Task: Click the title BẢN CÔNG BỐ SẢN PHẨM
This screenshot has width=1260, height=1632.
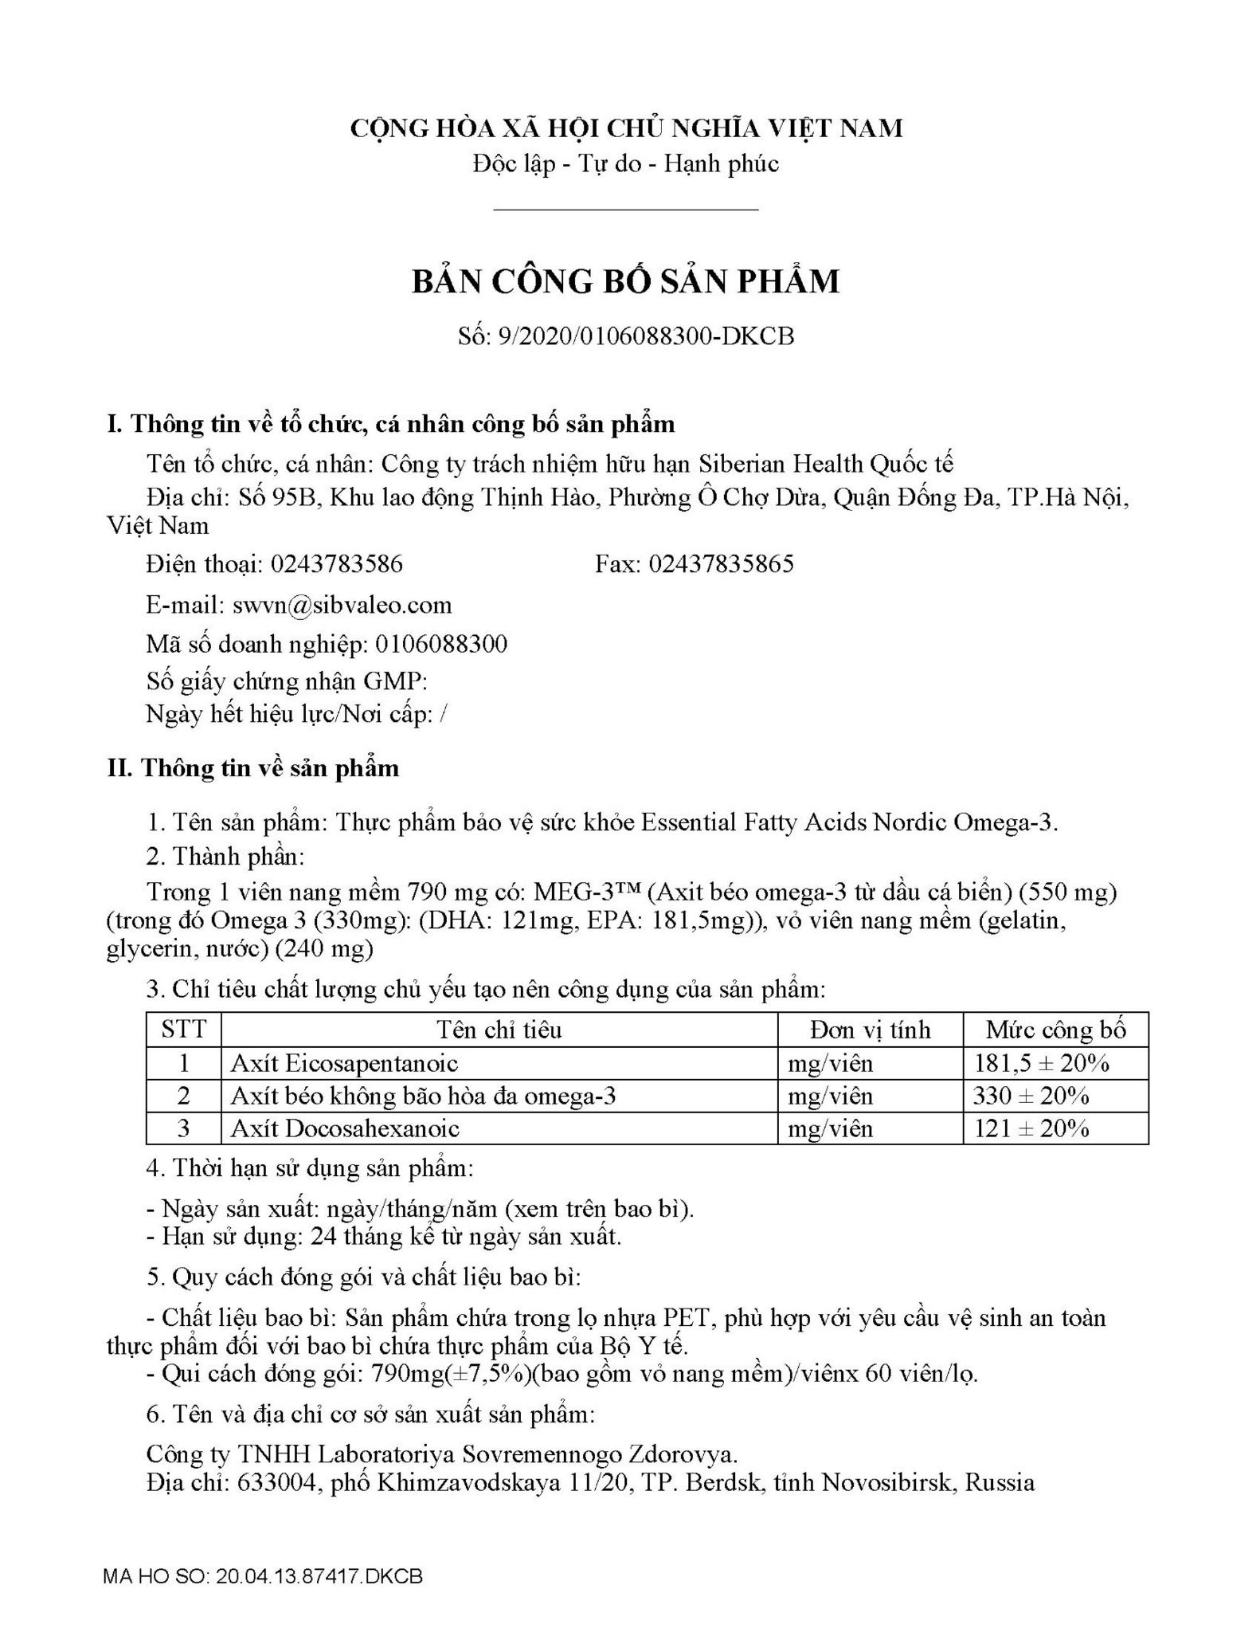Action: click(625, 282)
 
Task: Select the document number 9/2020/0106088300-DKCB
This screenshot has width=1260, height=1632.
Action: click(645, 336)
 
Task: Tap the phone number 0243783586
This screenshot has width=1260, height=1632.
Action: click(336, 564)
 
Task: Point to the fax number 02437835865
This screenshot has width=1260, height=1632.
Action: click(721, 564)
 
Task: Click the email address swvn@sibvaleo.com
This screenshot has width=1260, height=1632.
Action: click(342, 605)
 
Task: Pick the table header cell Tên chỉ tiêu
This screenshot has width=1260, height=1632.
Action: click(499, 1030)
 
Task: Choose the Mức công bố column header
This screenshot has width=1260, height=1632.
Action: click(1055, 1030)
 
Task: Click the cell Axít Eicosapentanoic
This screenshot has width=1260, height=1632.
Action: click(344, 1063)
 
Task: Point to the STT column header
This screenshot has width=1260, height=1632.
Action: click(183, 1030)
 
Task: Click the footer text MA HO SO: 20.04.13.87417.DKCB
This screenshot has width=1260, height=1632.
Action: click(263, 1577)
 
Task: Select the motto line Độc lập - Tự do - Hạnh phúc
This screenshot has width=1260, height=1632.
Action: click(625, 164)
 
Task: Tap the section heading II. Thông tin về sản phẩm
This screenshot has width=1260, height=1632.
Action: click(253, 768)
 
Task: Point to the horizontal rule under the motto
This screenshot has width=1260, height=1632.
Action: click(625, 210)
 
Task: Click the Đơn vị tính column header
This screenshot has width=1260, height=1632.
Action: click(870, 1030)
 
